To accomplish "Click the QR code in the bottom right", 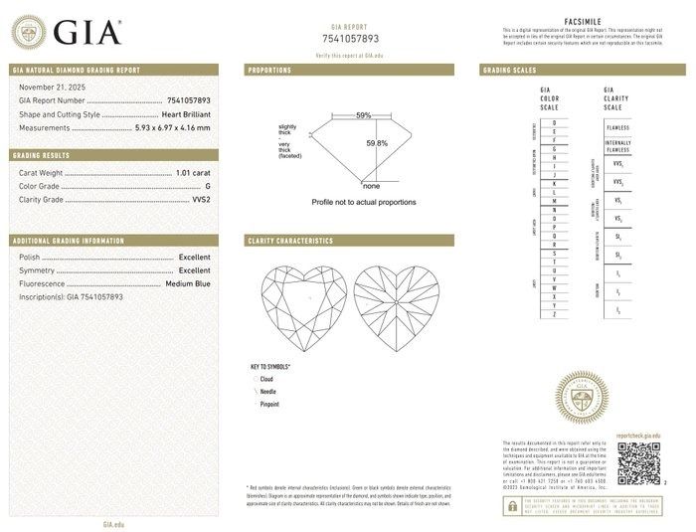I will pos(638,462).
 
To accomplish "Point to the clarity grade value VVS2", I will pos(199,200).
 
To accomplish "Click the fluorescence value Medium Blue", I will pos(187,283).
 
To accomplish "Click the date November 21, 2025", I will pos(51,88).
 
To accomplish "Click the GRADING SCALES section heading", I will pos(510,71).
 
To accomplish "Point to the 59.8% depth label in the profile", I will pos(377,143).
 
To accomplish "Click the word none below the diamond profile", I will pos(372,186).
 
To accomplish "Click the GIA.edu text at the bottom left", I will pos(113,523).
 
